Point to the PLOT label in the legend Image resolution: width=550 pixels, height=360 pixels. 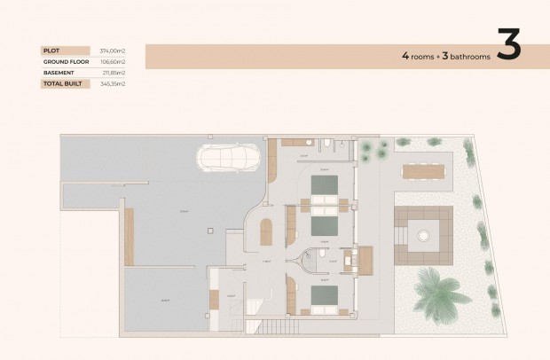pos(51,51)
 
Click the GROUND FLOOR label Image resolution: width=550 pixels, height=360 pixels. pos(64,62)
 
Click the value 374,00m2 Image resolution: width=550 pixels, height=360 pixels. pos(112,51)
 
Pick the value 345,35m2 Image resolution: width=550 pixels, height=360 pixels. pos(112,83)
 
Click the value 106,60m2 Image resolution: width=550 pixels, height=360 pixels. pos(112,62)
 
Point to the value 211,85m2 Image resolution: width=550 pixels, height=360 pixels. pos(113,73)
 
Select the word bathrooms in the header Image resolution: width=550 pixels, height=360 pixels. pos(468,56)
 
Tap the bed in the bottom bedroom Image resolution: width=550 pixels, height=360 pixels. pos(323,296)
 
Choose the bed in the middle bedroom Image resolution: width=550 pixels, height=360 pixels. pos(323,228)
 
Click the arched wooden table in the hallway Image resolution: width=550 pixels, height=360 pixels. pos(265,234)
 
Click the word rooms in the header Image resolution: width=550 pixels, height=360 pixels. pos(424,56)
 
